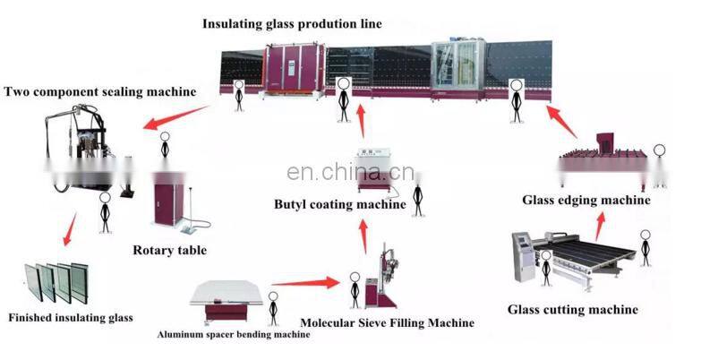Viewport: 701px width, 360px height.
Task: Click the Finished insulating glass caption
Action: pyautogui.click(x=71, y=317)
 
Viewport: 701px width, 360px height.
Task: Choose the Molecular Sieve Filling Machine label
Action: pyautogui.click(x=387, y=322)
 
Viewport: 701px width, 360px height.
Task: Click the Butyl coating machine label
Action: pyautogui.click(x=339, y=205)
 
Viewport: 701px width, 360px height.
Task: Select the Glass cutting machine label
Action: pyautogui.click(x=573, y=310)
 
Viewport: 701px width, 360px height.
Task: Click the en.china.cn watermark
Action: pyautogui.click(x=350, y=171)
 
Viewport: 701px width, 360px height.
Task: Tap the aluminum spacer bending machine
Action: pyautogui.click(x=230, y=299)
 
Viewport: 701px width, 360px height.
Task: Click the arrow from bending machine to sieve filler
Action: pyautogui.click(x=305, y=284)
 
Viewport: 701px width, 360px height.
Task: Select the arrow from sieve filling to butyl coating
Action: pyautogui.click(x=363, y=236)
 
